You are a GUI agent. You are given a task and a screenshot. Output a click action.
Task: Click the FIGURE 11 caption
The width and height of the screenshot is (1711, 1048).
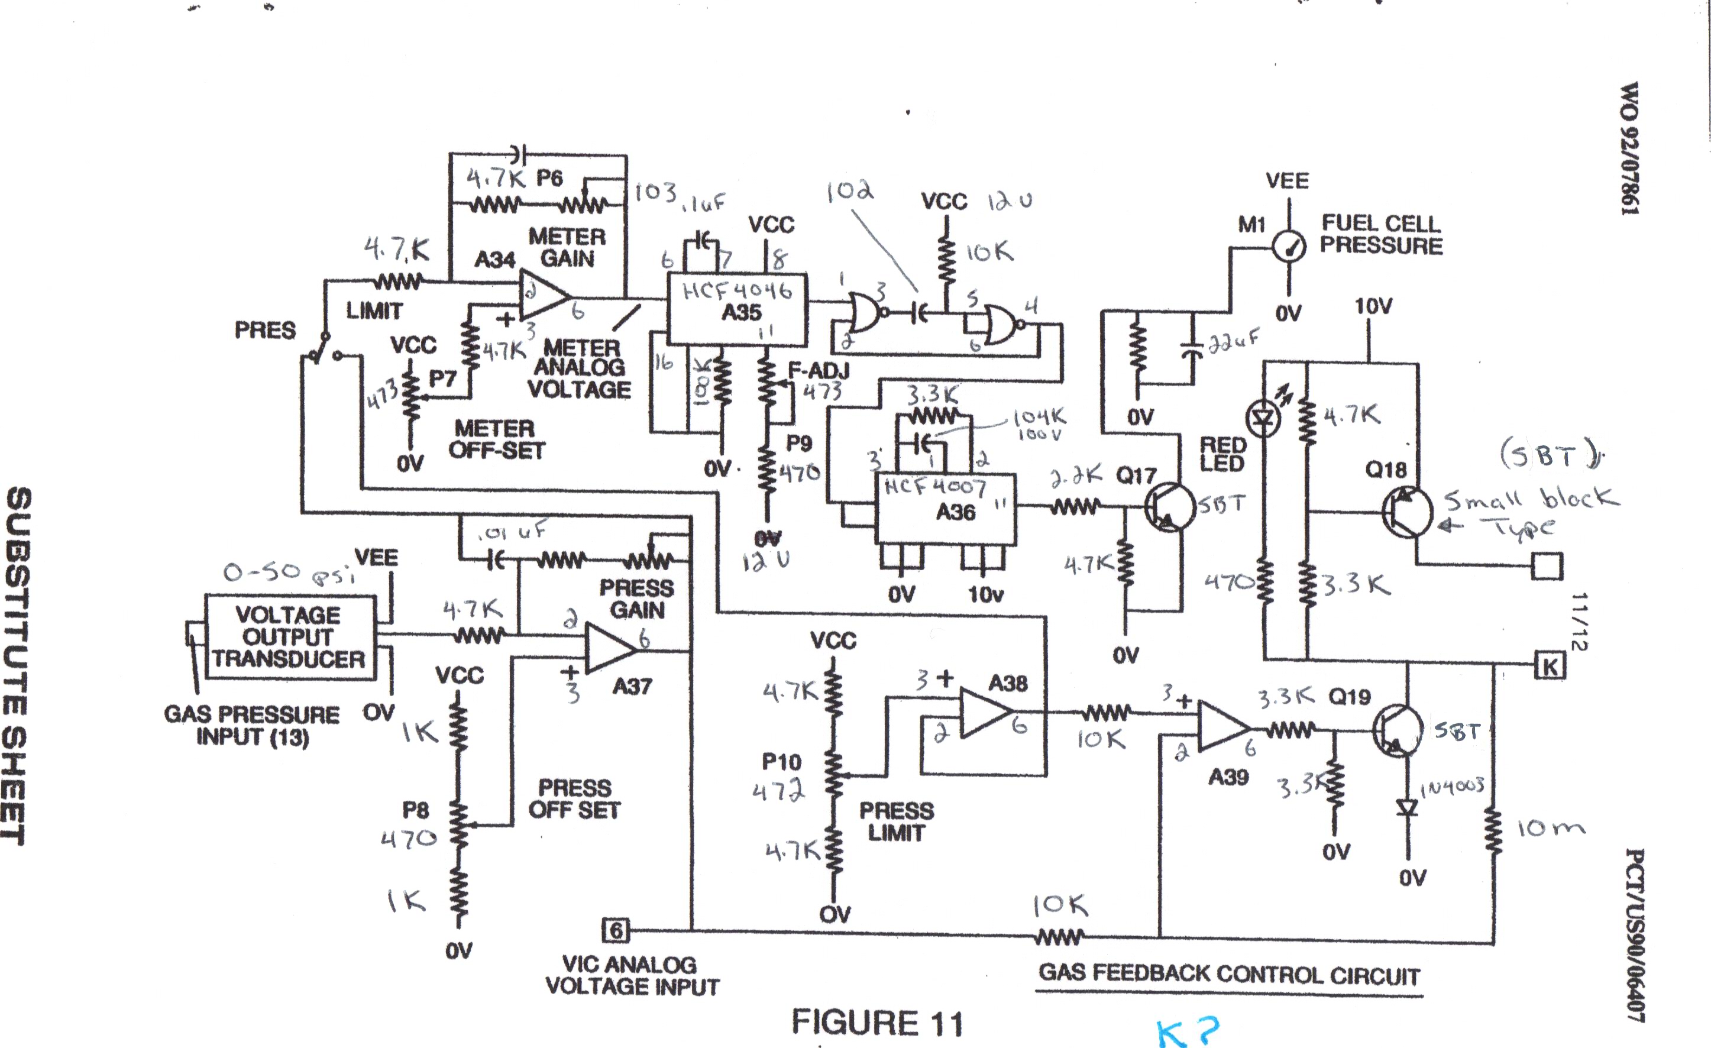(878, 1023)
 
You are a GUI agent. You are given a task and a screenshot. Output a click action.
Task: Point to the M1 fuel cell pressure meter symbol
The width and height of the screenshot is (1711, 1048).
(1289, 246)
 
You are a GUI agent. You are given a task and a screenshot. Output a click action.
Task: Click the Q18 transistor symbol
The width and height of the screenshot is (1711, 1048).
(1406, 512)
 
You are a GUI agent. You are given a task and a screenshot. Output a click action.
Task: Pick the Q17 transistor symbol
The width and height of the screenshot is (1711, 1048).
(1169, 507)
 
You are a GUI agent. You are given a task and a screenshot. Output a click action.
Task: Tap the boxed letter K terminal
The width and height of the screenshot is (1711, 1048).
(1550, 667)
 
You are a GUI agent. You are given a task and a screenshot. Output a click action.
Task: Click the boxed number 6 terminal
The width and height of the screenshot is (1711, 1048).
(616, 930)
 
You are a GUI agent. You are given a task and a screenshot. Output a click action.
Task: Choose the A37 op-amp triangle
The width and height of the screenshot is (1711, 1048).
(610, 649)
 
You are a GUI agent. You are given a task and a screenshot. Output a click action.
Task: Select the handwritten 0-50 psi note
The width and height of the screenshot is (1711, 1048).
(288, 573)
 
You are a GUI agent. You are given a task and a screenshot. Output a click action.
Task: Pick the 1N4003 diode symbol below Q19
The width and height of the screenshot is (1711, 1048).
(1408, 808)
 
